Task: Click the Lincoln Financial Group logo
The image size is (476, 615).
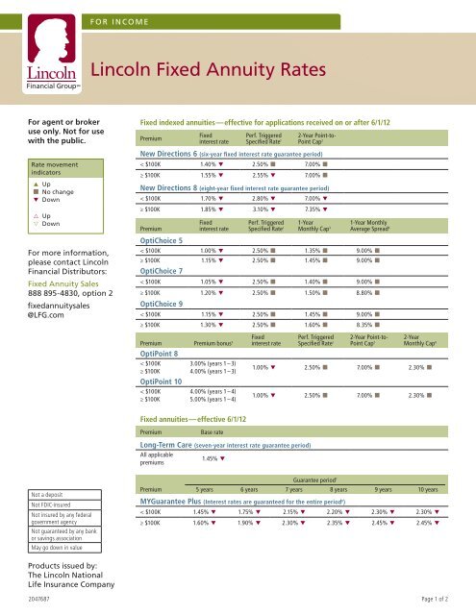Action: (x=39, y=48)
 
